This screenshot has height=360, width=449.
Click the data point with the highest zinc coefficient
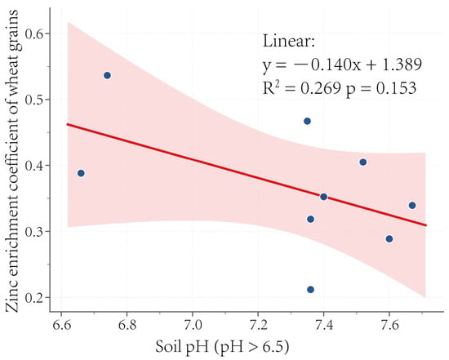tap(108, 76)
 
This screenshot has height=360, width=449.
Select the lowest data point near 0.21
tap(310, 290)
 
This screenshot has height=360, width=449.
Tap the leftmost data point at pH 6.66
tap(81, 173)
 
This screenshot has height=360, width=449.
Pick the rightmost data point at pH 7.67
tap(412, 206)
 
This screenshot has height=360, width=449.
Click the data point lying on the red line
tap(323, 197)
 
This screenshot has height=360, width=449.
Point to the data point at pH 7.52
tap(363, 162)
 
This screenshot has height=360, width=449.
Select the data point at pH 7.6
tap(389, 239)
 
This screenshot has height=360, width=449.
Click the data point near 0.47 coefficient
tap(307, 121)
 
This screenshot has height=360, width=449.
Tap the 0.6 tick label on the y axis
tap(34, 33)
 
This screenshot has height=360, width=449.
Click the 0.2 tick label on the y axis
tap(34, 298)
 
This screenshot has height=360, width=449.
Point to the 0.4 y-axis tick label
tap(34, 166)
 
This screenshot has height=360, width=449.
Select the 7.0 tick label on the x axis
tap(193, 326)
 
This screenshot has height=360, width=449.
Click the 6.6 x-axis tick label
tap(61, 326)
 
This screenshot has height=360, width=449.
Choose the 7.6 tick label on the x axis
tap(389, 326)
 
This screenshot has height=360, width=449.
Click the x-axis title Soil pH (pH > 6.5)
tap(222, 347)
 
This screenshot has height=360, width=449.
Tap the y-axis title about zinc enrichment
tap(12, 161)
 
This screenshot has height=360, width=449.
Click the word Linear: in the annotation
tap(289, 41)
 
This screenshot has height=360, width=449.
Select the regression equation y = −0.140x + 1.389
tap(342, 64)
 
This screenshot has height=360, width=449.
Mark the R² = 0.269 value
tap(302, 87)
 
